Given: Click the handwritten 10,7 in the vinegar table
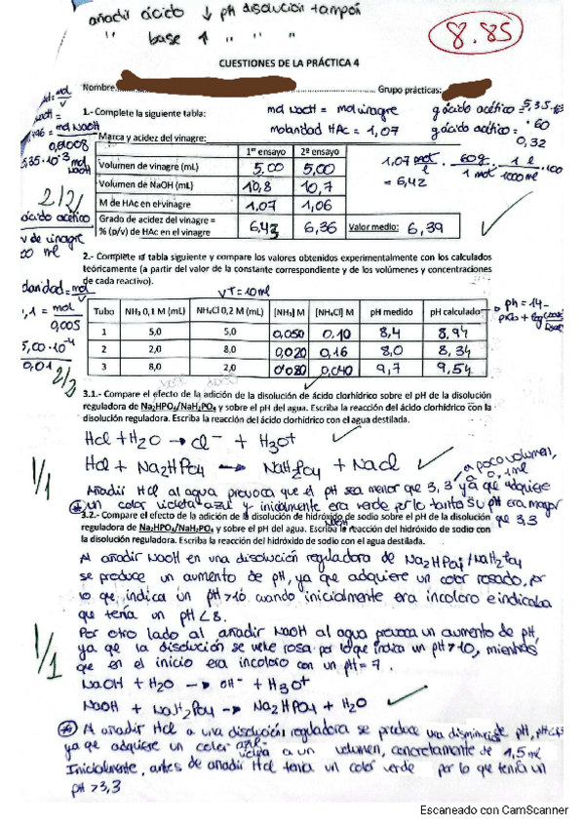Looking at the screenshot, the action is [318, 186].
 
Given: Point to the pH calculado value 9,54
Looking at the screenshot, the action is [453, 368].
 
